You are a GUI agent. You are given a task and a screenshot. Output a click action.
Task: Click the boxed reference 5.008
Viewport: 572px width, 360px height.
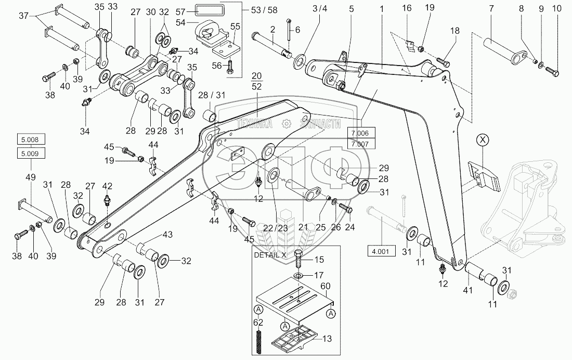[31, 139]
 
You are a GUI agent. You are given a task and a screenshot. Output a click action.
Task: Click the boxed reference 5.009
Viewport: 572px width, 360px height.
[31, 153]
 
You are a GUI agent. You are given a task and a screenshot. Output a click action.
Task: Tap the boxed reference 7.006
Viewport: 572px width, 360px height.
[360, 133]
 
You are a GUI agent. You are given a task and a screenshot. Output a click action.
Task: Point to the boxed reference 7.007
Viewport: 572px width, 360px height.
[360, 144]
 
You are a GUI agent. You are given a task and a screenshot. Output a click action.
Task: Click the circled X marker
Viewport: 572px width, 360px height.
[483, 140]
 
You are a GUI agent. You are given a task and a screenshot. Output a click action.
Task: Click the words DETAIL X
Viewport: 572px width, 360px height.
[270, 255]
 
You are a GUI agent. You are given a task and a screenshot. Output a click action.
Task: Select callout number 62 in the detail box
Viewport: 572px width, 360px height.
[258, 323]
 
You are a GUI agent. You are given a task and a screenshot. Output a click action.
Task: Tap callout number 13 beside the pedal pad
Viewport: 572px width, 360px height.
[327, 339]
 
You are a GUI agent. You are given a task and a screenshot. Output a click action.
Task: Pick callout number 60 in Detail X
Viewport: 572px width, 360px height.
[325, 286]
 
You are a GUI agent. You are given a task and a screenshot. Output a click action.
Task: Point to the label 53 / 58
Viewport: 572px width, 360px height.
[264, 10]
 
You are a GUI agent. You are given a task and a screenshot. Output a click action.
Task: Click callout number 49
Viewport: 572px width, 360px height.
[31, 177]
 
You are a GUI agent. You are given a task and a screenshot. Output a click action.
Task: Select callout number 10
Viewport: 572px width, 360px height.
[557, 9]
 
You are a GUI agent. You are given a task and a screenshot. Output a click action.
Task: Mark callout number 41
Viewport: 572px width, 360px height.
[467, 290]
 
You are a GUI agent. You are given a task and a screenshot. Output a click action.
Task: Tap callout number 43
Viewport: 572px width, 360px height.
[167, 235]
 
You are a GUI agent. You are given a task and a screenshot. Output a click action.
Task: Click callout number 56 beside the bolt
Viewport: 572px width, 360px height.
[217, 66]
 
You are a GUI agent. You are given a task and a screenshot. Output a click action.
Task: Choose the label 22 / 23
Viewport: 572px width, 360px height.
[276, 228]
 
